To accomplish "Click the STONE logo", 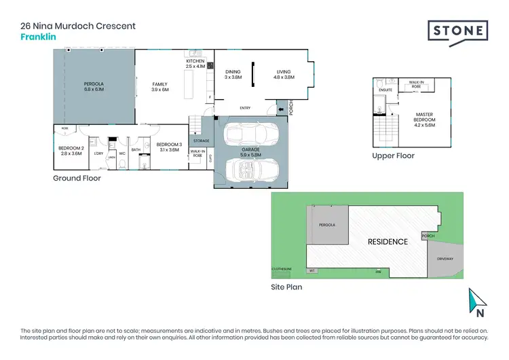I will tap(458, 31).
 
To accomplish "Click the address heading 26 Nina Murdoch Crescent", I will tap(79, 26).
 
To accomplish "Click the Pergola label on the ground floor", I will tap(93, 86).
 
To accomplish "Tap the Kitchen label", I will tap(195, 64).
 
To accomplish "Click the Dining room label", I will tap(233, 74).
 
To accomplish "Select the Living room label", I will tap(284, 74).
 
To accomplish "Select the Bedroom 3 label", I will tap(168, 147).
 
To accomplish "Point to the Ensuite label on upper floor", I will tap(385, 89).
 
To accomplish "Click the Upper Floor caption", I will tap(393, 156).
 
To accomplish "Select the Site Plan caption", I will tap(286, 287).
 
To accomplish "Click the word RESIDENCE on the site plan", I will tap(388, 242).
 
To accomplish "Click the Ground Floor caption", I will tap(77, 179).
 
